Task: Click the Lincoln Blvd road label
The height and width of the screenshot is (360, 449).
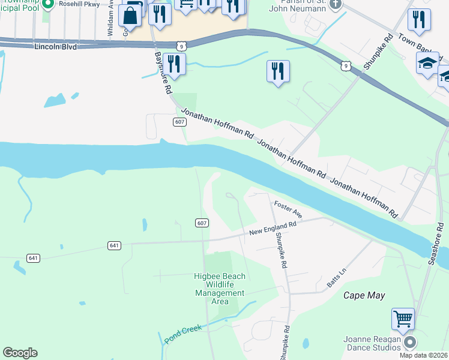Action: click(56, 46)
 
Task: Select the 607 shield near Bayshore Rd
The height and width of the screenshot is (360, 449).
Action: click(179, 122)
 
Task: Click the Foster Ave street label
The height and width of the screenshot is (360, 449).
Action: click(288, 209)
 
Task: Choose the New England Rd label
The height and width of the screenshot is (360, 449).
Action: click(273, 229)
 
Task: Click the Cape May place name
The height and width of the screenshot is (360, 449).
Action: click(364, 295)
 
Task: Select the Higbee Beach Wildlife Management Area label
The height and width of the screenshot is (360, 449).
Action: click(220, 289)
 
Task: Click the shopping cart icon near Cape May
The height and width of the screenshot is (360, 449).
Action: click(403, 319)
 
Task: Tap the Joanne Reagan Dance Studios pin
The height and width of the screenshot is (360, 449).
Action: click(411, 343)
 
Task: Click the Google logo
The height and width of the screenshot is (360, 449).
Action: click(20, 353)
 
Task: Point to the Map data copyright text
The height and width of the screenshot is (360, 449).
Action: click(421, 355)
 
